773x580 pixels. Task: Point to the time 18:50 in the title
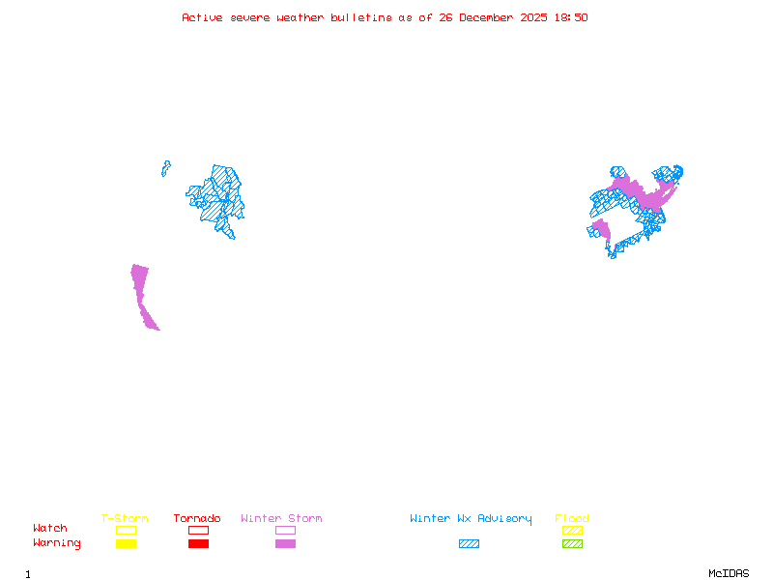pos(569,17)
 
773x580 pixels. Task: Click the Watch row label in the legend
pos(50,529)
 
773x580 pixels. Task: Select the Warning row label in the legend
pos(57,543)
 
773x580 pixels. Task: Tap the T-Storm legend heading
pos(125,519)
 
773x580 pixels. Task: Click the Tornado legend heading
pos(197,519)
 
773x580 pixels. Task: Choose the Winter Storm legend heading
pos(281,519)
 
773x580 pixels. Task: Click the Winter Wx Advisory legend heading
pos(471,519)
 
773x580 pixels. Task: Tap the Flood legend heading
pos(572,519)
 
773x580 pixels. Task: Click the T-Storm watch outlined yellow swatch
pos(126,530)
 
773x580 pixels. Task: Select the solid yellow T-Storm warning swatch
pos(126,544)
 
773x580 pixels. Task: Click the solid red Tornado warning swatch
pos(198,544)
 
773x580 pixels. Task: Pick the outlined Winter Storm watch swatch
pos(285,530)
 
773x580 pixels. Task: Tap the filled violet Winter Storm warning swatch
pos(285,544)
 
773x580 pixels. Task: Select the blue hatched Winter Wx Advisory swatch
pos(469,544)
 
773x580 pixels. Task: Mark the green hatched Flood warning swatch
pos(572,544)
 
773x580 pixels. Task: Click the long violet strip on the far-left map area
pos(142,295)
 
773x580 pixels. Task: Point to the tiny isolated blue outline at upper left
pos(166,168)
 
